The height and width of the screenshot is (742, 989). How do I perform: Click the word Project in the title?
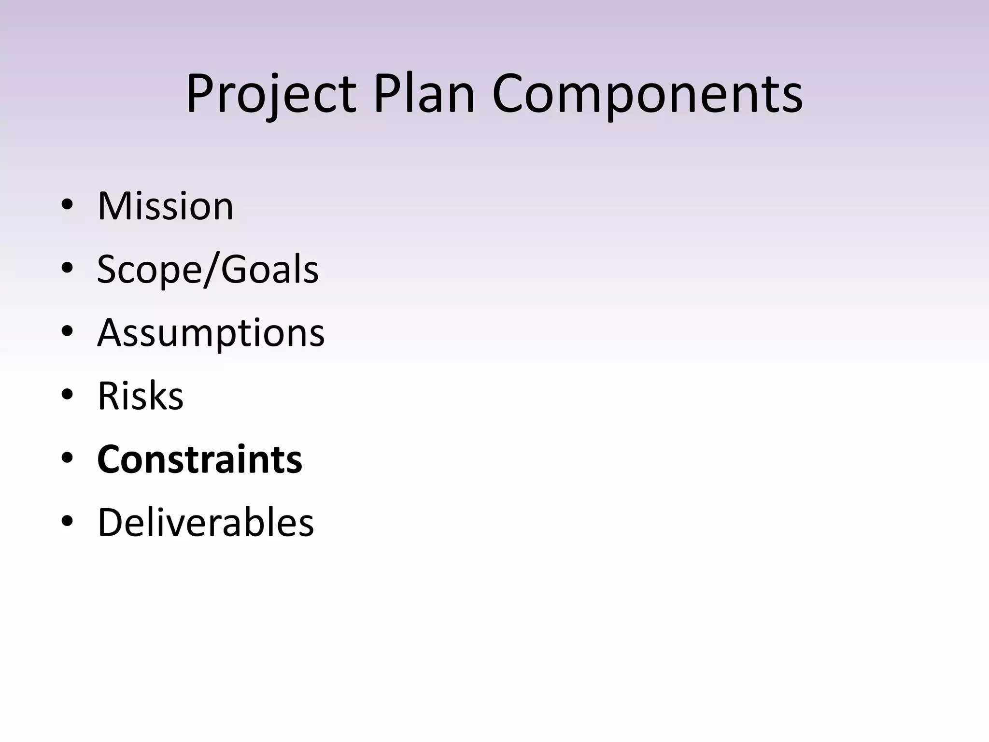tap(271, 94)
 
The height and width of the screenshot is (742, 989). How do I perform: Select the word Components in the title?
tap(647, 94)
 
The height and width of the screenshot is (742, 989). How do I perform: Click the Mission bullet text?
tap(165, 206)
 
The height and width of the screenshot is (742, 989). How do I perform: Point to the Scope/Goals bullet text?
tap(208, 270)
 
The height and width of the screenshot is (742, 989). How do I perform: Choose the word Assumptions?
tap(211, 333)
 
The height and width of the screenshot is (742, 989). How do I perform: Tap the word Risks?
tap(141, 396)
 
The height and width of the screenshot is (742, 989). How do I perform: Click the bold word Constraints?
tap(199, 459)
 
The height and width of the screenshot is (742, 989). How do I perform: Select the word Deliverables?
tap(206, 523)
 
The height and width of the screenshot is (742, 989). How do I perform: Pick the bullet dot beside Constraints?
tap(67, 457)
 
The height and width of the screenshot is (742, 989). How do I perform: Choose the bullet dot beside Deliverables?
tap(67, 521)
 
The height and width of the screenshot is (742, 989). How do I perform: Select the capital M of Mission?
tap(115, 206)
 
